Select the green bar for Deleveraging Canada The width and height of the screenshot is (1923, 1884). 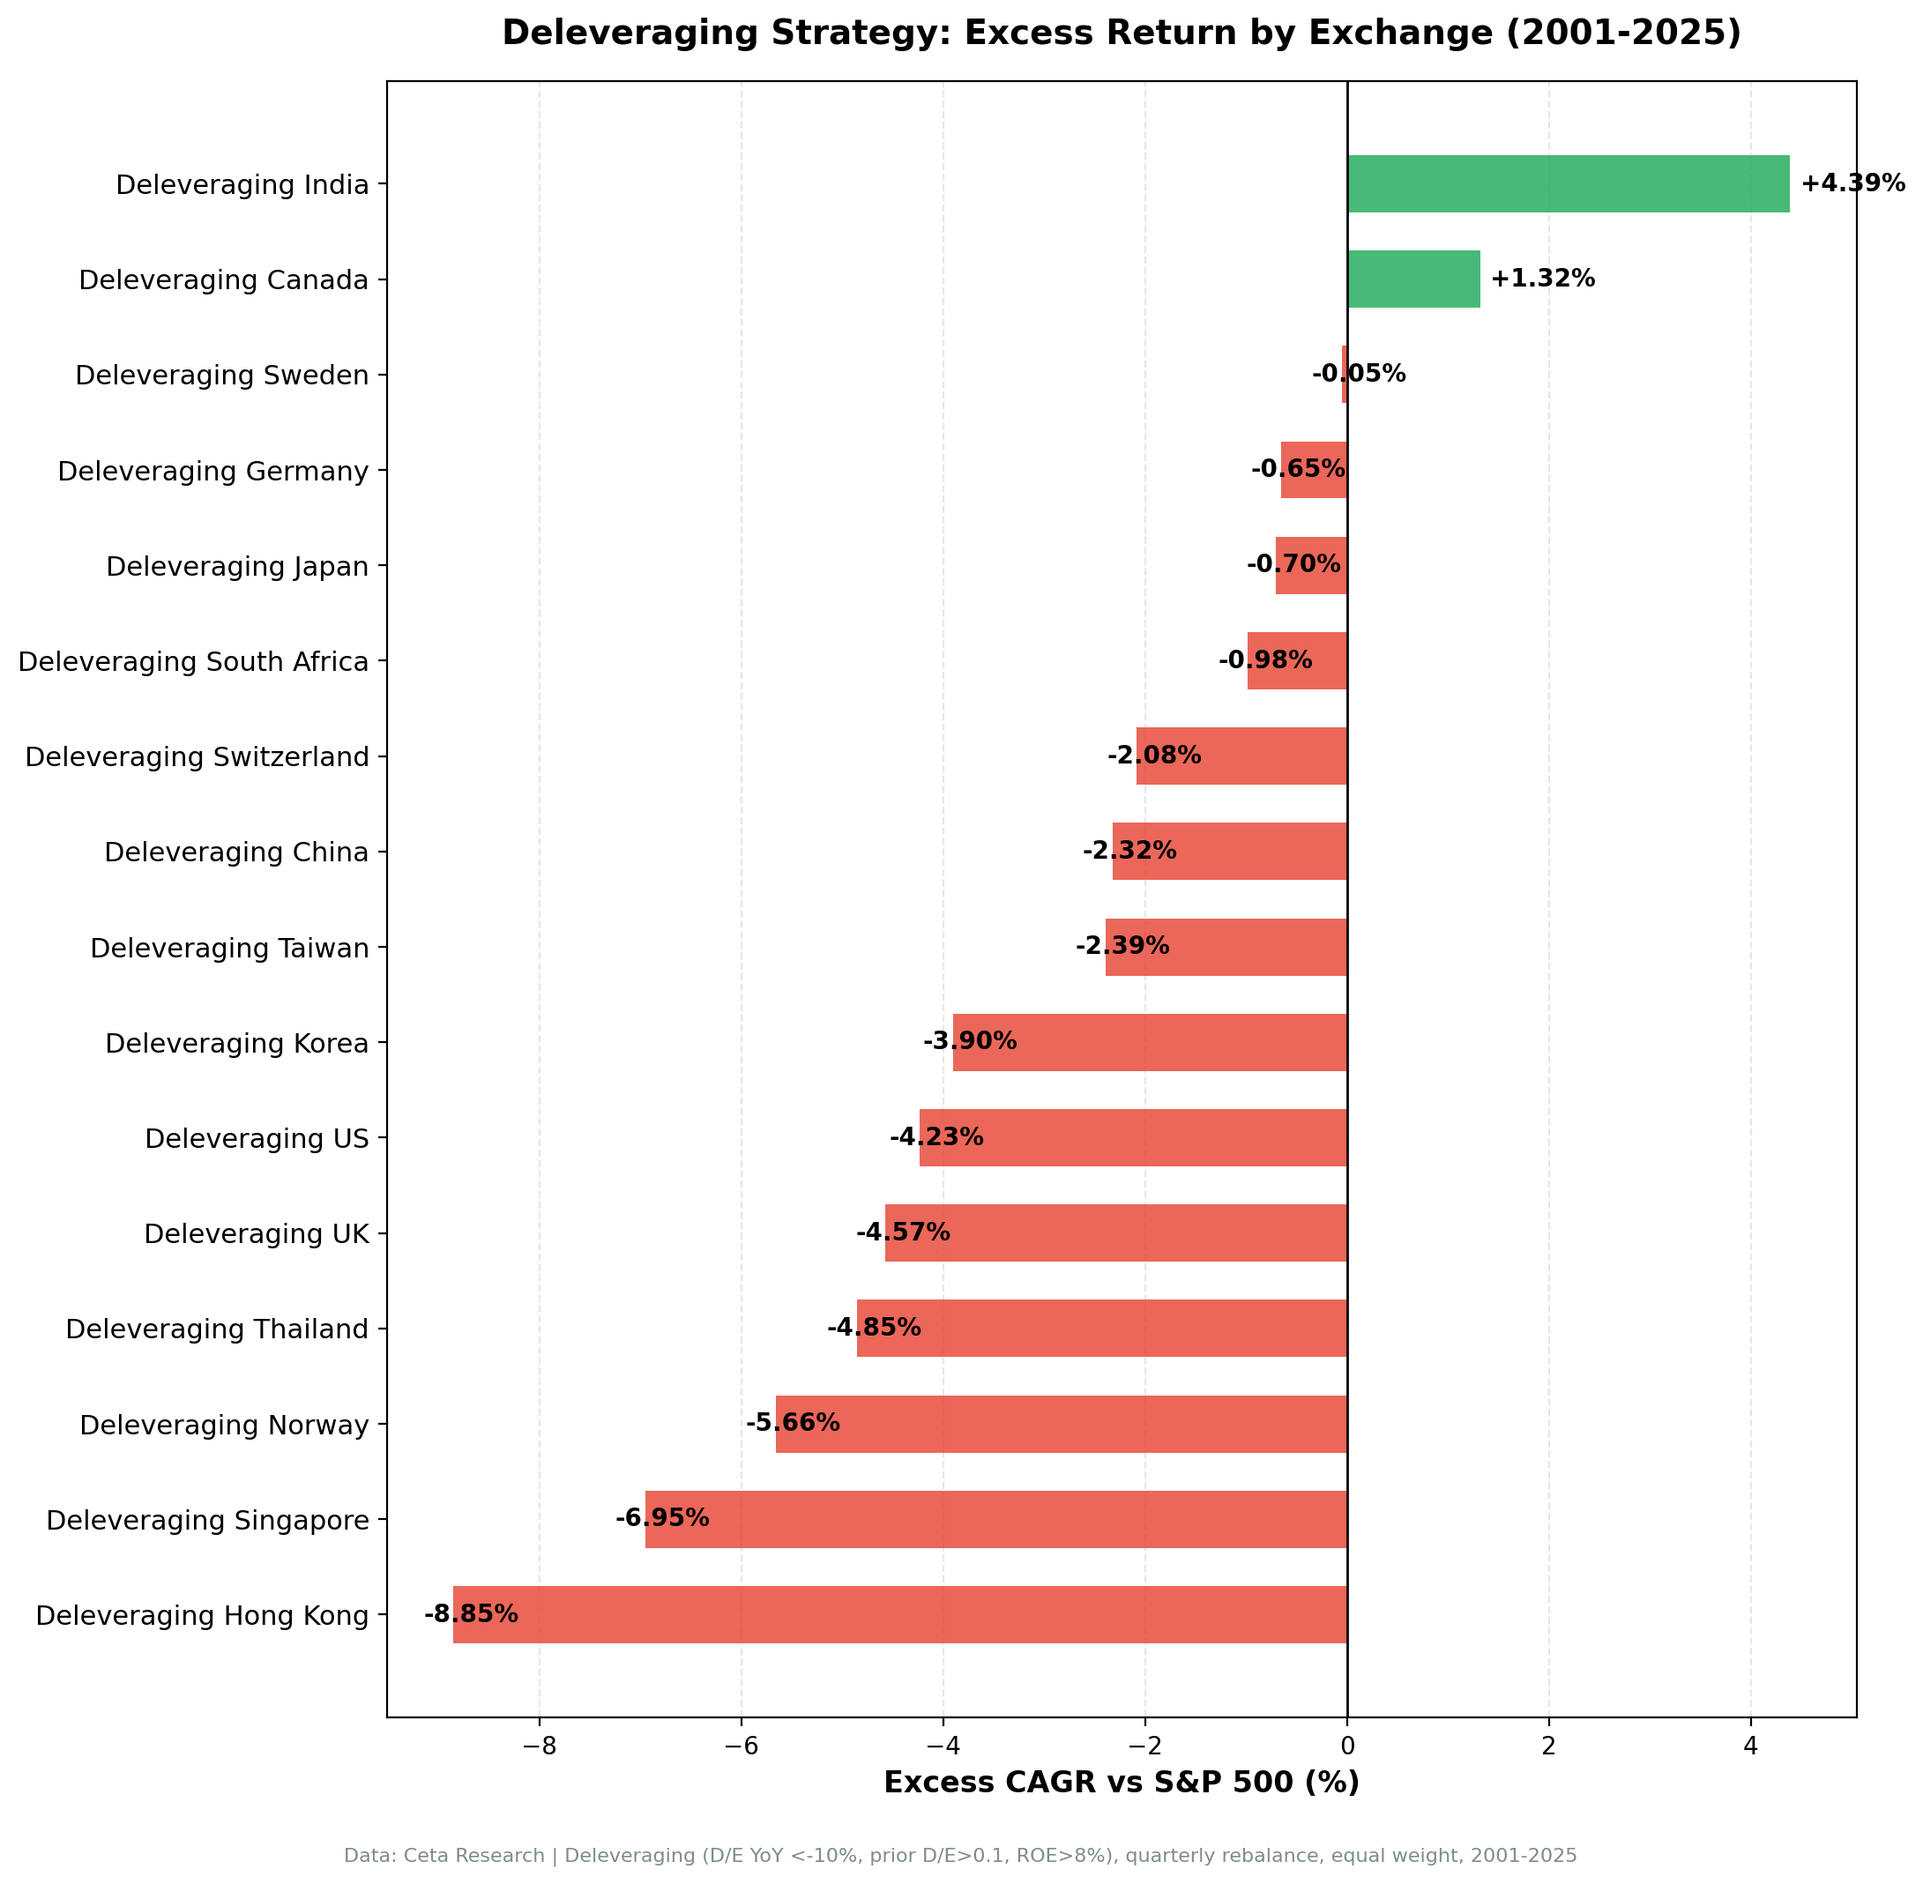click(x=1412, y=279)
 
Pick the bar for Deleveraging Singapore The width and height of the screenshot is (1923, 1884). click(x=995, y=1519)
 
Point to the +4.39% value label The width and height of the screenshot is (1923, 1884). click(x=1852, y=184)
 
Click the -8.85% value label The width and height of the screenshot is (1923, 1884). click(x=471, y=1614)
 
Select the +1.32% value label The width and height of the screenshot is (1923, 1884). click(x=1542, y=279)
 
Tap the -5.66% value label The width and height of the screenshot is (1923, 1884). click(x=793, y=1423)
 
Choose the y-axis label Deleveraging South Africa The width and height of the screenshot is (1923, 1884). click(x=193, y=661)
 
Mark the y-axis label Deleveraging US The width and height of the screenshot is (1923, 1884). click(x=257, y=1138)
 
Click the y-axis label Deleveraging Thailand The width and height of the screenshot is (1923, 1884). click(x=217, y=1329)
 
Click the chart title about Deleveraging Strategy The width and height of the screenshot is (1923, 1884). click(x=1122, y=34)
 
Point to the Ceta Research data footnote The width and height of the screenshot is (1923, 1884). click(x=960, y=1855)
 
